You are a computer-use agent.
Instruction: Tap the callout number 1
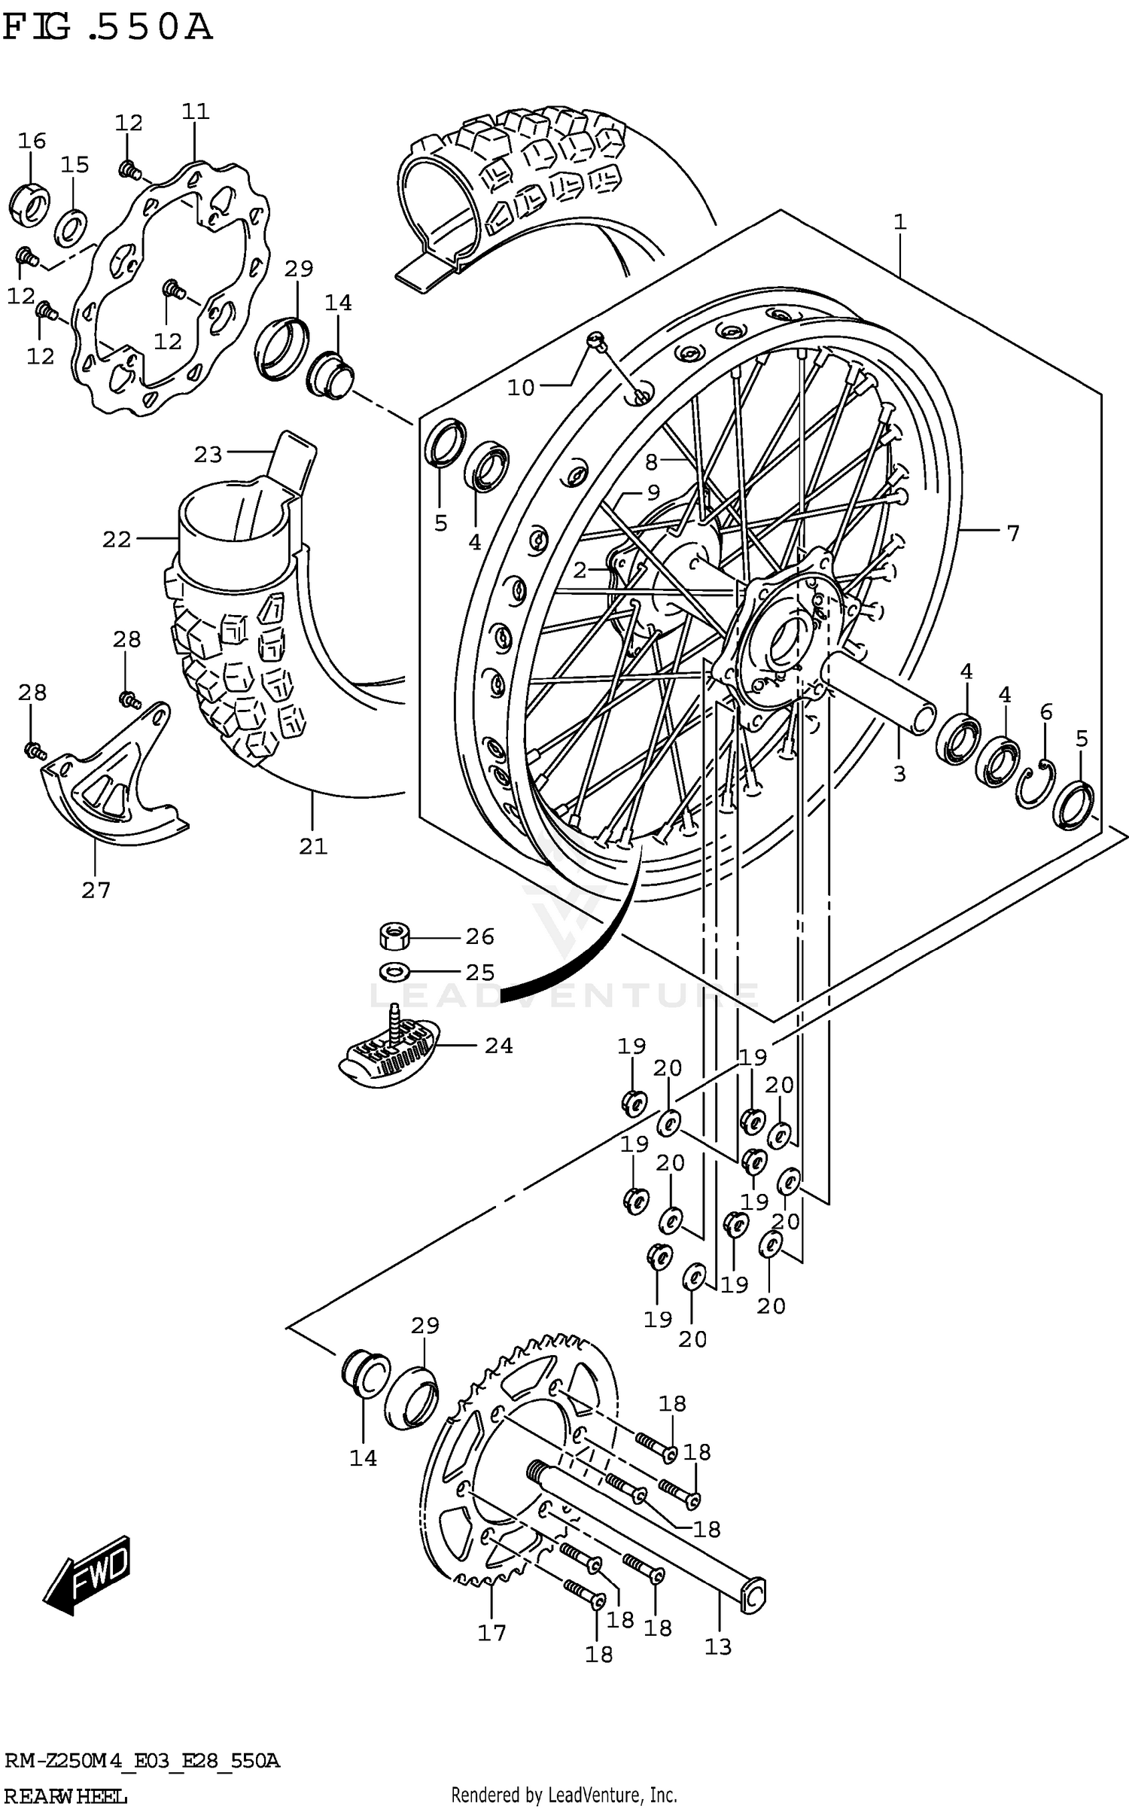tap(899, 222)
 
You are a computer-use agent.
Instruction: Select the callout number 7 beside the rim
tap(1013, 533)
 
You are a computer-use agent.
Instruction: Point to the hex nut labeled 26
tap(393, 936)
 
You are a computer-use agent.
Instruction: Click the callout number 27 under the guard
tap(96, 891)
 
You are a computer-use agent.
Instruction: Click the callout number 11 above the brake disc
tap(195, 111)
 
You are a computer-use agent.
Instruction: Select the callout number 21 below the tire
tap(313, 846)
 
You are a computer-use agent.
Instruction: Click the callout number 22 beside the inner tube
tap(117, 539)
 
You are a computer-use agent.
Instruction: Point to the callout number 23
tap(208, 454)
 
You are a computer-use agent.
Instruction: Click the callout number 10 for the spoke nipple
tap(520, 388)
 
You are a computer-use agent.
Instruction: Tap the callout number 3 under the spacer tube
tap(899, 774)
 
